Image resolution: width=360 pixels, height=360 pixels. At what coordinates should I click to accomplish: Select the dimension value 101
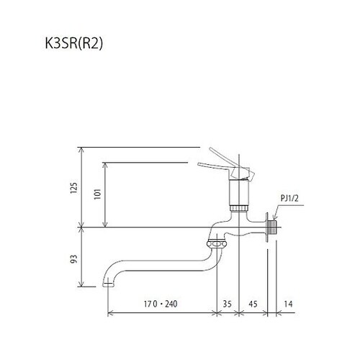pos(96,193)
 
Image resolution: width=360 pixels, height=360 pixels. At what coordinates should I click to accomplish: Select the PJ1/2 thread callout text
pos(290,195)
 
